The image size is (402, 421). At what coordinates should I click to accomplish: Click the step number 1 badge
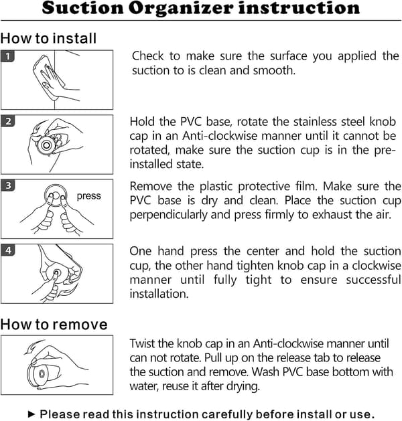tap(7, 56)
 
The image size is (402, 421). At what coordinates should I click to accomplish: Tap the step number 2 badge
tap(7, 121)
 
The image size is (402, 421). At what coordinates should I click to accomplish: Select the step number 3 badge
tap(7, 185)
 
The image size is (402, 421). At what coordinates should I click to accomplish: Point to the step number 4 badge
tap(7, 250)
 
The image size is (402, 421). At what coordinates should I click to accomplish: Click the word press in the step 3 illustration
tap(88, 196)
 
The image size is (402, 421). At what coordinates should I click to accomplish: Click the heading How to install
tap(48, 38)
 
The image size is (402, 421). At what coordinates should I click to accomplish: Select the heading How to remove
tap(54, 325)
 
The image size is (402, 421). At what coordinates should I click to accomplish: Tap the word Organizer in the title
tap(181, 9)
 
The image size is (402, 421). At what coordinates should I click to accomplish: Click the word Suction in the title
tap(82, 8)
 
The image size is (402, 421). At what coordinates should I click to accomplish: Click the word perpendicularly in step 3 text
tap(168, 215)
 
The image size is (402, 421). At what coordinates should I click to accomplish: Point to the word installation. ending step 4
tap(159, 294)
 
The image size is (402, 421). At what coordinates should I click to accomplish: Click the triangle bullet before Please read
tap(31, 414)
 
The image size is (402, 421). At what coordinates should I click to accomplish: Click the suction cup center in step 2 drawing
tap(46, 145)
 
